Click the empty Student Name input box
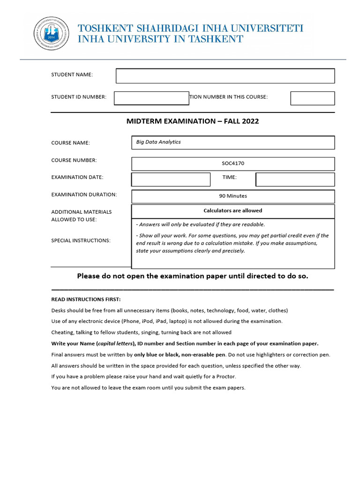[225, 76]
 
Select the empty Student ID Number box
[151, 98]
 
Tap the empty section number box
[312, 98]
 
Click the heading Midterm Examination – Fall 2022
[193, 121]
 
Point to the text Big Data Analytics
[158, 142]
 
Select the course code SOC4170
[233, 164]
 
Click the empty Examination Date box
[171, 180]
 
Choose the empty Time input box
[295, 180]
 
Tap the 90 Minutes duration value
[233, 196]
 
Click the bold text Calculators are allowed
[233, 211]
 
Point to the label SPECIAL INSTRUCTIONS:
[81, 240]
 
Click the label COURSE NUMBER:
[74, 160]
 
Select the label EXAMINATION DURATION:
[84, 195]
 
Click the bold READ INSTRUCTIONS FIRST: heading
[86, 299]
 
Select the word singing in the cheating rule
[152, 332]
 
